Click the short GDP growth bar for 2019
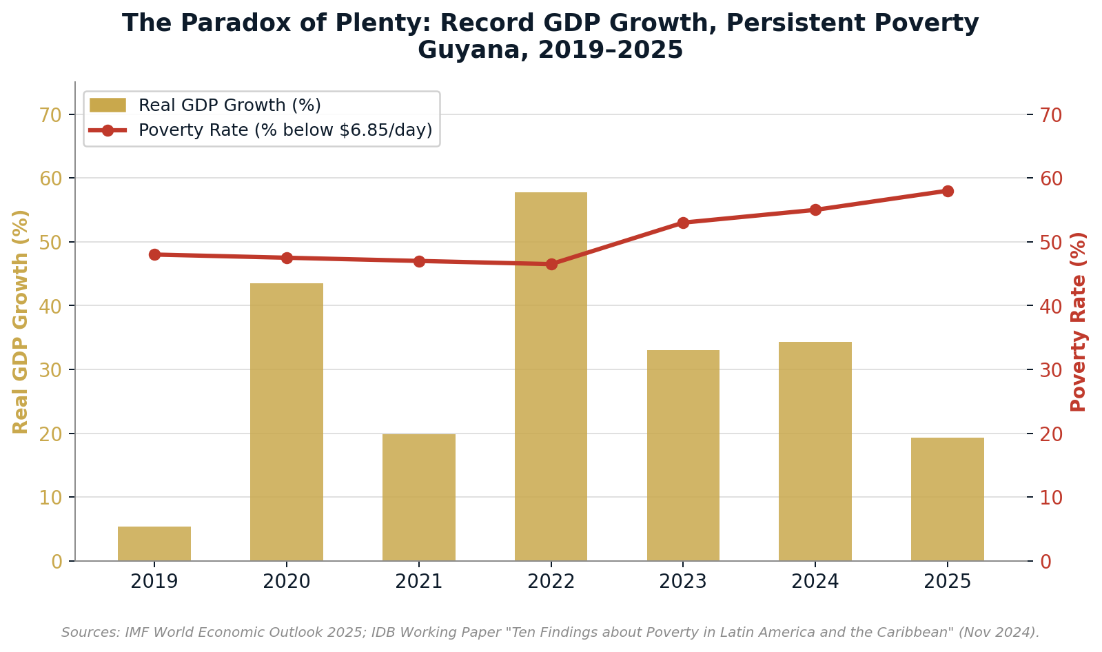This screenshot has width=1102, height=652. [154, 544]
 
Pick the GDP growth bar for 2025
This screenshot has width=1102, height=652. [947, 499]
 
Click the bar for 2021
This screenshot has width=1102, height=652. [418, 497]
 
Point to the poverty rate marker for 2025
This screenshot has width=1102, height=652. [947, 191]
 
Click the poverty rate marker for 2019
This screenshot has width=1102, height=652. [154, 254]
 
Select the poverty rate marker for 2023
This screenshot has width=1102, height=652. [683, 223]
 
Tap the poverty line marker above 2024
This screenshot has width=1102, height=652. [815, 210]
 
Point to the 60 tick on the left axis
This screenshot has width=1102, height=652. [50, 179]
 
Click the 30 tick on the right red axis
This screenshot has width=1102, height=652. [1050, 370]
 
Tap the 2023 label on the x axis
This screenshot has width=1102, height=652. [683, 582]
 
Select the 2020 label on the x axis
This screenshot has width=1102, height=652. [287, 582]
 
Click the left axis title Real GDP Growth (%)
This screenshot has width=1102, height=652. [21, 321]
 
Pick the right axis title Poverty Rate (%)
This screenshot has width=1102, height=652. [1079, 321]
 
